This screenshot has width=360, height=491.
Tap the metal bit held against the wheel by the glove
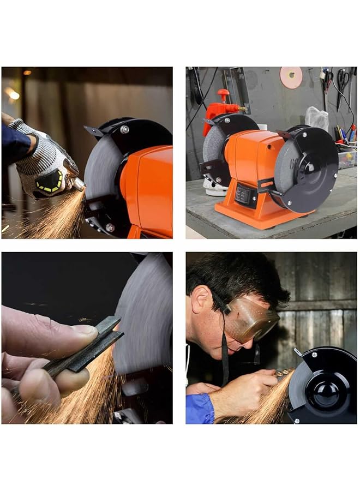[x=79, y=185]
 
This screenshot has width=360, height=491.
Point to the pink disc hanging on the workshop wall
[x=291, y=77]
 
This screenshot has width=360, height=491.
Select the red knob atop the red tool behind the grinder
[x=224, y=93]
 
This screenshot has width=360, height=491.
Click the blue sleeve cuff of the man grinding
[x=199, y=408]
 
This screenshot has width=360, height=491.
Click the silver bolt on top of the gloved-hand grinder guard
[x=125, y=129]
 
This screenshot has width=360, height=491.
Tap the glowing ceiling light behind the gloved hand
[x=11, y=94]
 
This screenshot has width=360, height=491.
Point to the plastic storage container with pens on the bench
[x=346, y=159]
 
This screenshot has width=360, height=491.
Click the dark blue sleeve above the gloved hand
[x=15, y=143]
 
